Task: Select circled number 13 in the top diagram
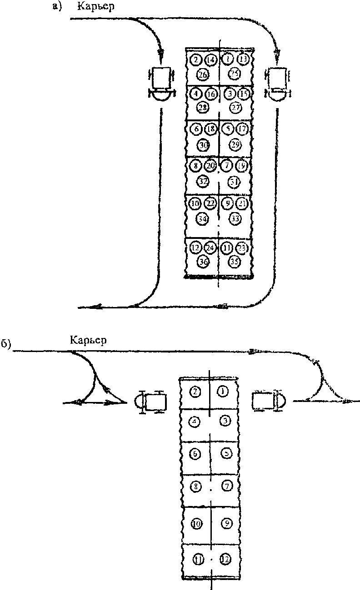point(243,59)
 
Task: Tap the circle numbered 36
point(203,261)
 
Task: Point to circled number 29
point(235,144)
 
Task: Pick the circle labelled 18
point(210,129)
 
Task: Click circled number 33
point(235,218)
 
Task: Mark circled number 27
point(235,108)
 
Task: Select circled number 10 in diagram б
point(196,524)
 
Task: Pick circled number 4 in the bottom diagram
point(195,421)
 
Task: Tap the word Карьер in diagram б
point(89,340)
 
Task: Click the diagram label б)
point(5,344)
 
